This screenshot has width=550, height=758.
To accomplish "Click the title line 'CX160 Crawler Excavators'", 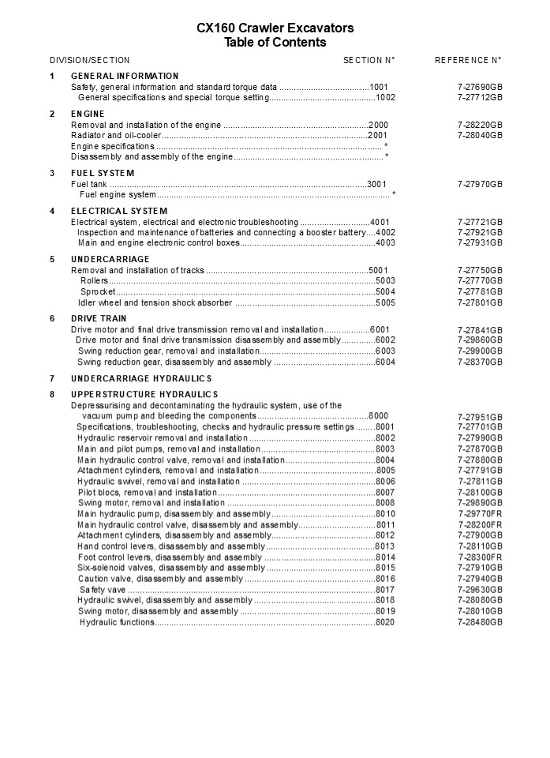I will [x=275, y=28].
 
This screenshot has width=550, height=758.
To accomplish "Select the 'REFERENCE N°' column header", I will [x=469, y=60].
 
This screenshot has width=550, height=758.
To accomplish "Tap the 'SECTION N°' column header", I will [x=369, y=60].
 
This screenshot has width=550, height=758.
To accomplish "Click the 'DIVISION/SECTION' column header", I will [x=90, y=60].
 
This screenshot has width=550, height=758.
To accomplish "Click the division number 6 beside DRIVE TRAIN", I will [x=52, y=319].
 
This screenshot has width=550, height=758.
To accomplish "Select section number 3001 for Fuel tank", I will [x=377, y=184].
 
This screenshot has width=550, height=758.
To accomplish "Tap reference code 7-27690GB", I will [x=480, y=87].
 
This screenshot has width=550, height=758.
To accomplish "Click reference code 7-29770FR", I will [x=480, y=514].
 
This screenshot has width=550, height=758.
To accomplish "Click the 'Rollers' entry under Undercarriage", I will [x=95, y=281].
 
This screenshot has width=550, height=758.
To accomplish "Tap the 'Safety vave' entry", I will [x=102, y=590].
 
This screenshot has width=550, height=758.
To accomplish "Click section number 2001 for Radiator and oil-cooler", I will [x=378, y=136].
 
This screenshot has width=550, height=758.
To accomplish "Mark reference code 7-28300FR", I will [x=480, y=557].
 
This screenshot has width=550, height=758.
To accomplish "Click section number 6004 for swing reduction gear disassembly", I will [x=385, y=362].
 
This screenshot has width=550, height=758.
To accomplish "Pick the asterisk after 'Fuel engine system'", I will [x=394, y=195].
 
